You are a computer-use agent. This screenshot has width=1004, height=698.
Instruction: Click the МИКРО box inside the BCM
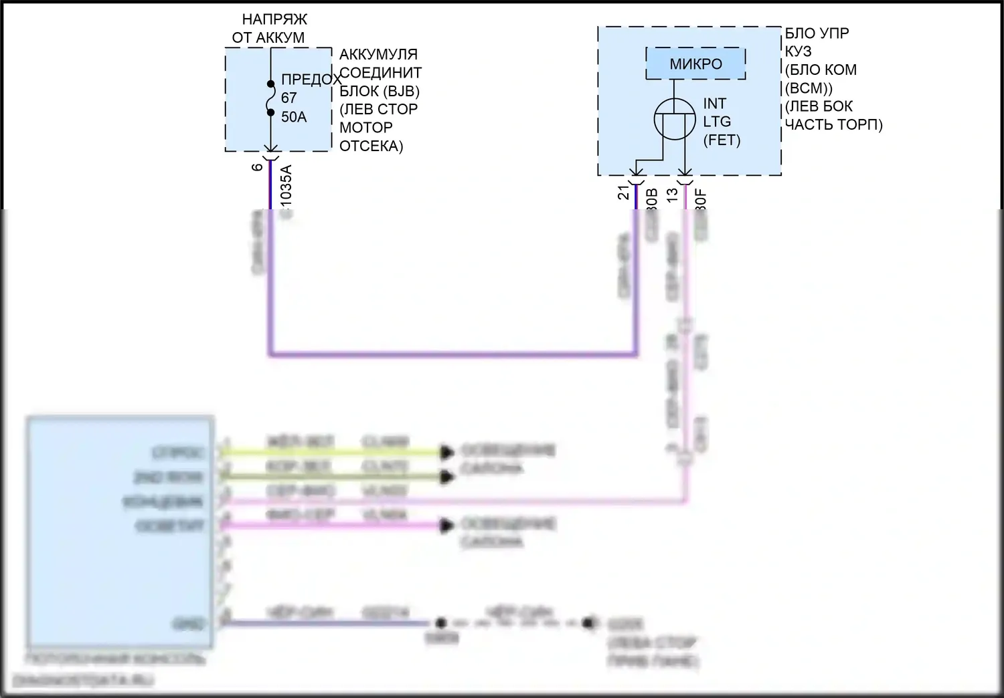point(695,64)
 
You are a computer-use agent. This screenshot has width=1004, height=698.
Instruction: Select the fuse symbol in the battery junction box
point(270,98)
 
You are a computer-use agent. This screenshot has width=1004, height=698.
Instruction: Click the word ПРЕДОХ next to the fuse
point(311,80)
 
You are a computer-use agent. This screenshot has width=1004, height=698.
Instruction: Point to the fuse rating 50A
point(294,117)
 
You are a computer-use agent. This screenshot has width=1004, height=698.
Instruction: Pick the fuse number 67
point(288,98)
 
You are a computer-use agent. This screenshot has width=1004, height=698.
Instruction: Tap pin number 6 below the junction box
point(258,166)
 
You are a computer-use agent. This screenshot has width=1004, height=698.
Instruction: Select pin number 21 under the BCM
point(624,193)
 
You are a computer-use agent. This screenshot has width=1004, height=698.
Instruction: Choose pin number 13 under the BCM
point(672,193)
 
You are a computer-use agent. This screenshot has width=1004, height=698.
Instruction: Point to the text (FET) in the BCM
point(722,140)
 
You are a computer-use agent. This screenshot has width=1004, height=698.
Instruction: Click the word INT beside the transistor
point(714,104)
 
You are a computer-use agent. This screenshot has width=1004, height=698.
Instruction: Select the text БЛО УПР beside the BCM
point(817,33)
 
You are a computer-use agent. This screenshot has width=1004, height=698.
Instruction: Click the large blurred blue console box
point(120,532)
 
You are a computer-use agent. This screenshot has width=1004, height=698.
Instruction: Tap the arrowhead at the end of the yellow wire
point(446,453)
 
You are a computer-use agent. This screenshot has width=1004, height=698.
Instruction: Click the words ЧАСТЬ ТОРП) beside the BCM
point(833,124)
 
